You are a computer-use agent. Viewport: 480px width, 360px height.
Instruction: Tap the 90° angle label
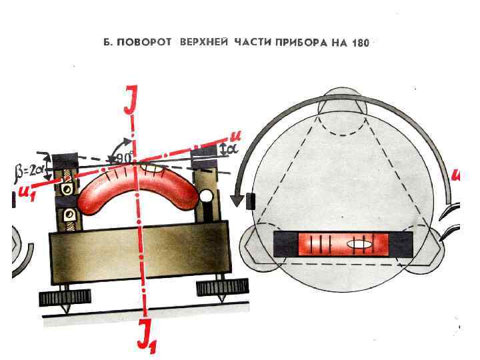(123, 158)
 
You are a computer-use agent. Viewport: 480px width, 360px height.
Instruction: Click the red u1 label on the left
(28, 193)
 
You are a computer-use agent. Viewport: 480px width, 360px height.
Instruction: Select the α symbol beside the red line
(231, 151)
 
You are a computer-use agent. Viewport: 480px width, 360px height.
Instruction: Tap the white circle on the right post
(207, 197)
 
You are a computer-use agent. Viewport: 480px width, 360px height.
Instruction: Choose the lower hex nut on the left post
(67, 215)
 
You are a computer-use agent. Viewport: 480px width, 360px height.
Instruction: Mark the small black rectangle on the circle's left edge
(250, 199)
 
